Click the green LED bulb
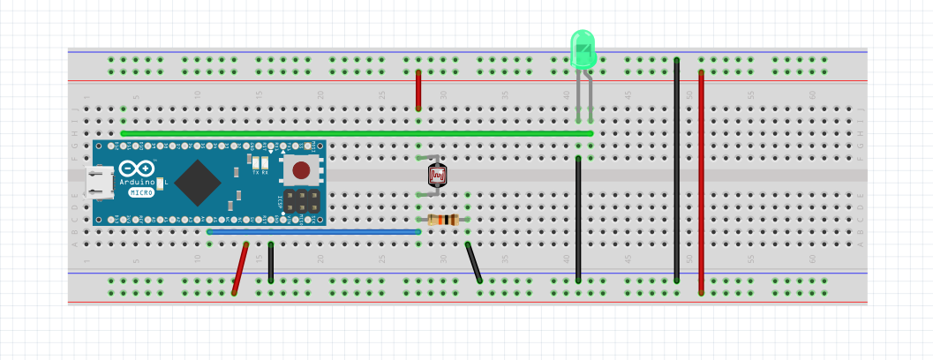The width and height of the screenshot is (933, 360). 583,50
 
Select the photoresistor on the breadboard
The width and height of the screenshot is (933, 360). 436,175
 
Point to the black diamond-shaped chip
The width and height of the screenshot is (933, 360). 197,183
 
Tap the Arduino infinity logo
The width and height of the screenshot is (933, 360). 137,168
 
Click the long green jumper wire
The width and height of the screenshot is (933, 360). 353,133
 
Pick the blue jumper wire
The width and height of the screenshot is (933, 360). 313,232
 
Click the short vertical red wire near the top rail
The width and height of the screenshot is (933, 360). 418,90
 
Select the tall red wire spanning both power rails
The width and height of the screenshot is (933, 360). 701,181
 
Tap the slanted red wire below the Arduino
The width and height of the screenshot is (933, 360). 240,268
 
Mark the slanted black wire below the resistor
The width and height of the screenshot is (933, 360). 473,263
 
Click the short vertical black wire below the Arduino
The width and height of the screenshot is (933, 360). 271,262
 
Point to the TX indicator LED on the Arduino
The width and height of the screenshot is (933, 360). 254,162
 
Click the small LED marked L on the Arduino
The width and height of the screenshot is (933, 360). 160,182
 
